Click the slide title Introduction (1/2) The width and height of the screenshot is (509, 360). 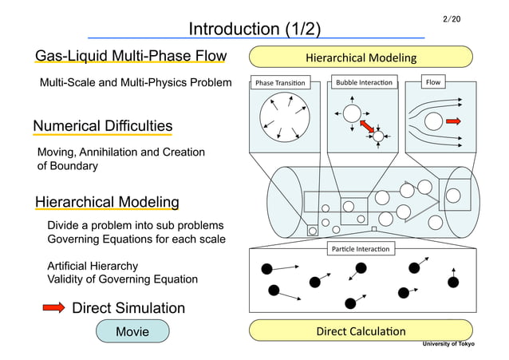point(254,30)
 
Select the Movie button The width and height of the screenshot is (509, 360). point(132,330)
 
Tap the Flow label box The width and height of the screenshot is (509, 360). point(433,82)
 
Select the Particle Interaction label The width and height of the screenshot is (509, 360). point(361,249)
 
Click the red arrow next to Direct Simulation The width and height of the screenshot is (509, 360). point(53,308)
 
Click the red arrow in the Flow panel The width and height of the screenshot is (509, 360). point(454,121)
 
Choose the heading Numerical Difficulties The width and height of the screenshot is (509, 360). point(102,126)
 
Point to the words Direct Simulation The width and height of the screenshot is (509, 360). point(128,308)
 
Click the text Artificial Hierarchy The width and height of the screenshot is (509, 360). point(93,266)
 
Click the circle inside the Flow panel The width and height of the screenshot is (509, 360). point(434,121)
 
